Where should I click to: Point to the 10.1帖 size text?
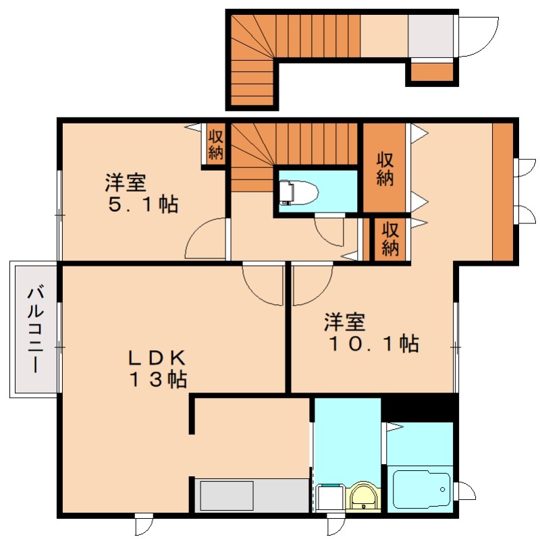point(373,343)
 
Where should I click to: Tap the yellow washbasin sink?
point(365,499)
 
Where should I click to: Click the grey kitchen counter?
point(252,496)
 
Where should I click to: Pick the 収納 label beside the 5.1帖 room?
point(215,144)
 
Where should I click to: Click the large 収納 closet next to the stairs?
point(385,169)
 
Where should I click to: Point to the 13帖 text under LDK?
point(158,380)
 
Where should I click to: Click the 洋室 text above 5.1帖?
point(126,182)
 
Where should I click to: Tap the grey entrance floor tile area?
point(431,36)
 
